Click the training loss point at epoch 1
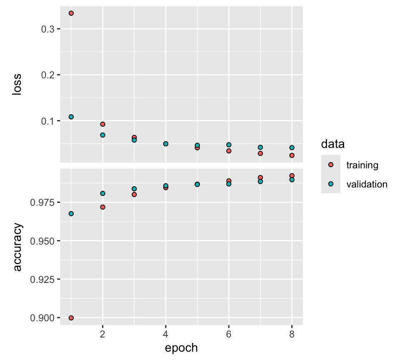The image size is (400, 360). click(x=71, y=13)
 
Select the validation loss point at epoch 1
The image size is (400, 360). click(x=71, y=117)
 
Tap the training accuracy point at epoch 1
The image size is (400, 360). click(x=71, y=318)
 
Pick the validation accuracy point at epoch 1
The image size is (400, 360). click(x=71, y=214)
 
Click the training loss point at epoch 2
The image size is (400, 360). click(x=102, y=124)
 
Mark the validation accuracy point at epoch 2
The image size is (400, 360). click(x=102, y=193)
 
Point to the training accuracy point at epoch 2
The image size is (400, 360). click(x=102, y=207)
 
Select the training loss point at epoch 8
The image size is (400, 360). click(x=292, y=155)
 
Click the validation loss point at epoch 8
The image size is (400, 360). click(x=292, y=147)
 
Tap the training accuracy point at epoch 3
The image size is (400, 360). click(x=134, y=195)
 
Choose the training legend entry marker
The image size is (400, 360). click(x=331, y=165)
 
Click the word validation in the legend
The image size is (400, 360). click(x=367, y=184)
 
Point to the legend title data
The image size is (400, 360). click(x=332, y=145)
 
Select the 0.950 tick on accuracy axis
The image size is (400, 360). click(x=42, y=241)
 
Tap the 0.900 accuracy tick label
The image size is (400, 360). click(x=42, y=318)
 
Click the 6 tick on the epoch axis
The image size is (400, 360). click(x=229, y=334)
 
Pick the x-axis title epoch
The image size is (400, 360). click(x=181, y=348)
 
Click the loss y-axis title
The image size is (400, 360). click(x=17, y=85)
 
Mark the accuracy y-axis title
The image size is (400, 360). click(x=17, y=247)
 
